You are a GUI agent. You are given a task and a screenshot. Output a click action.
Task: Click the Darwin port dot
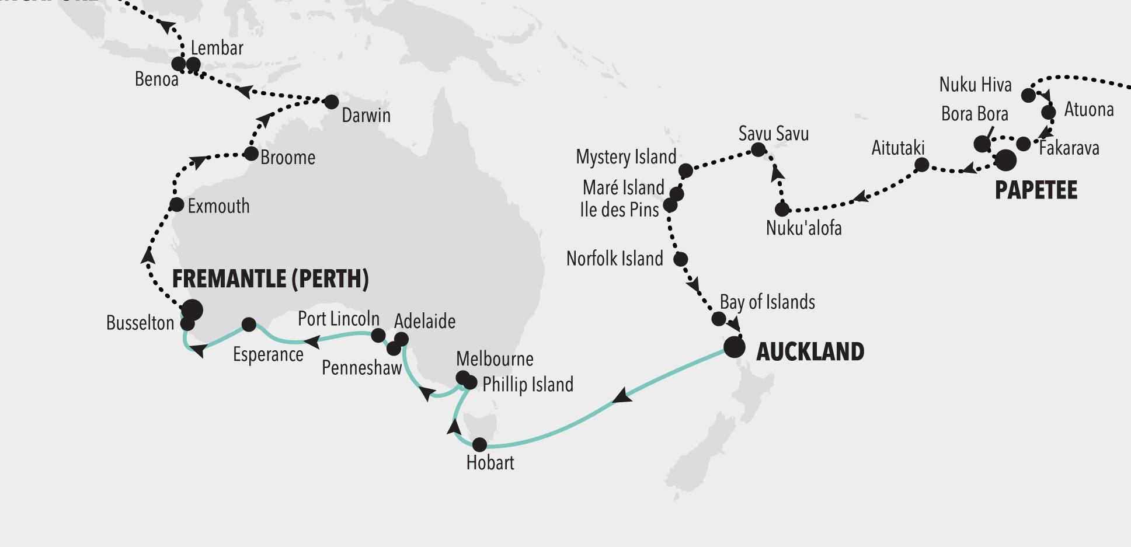tap(331, 102)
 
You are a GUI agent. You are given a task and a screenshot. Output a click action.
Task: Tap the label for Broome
tap(288, 158)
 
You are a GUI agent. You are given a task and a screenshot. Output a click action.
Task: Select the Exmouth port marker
tap(176, 205)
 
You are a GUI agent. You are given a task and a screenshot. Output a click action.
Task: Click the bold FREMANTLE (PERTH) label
tap(270, 279)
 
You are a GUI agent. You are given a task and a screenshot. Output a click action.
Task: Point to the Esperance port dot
tap(249, 324)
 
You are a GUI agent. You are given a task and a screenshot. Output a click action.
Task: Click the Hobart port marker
tap(479, 445)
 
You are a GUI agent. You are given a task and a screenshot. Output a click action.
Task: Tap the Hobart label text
tap(490, 463)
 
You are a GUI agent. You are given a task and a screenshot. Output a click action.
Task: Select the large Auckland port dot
tap(735, 347)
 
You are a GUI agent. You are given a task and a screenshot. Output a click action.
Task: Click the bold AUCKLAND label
tap(810, 352)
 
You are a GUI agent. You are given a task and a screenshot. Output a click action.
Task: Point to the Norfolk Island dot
tap(680, 259)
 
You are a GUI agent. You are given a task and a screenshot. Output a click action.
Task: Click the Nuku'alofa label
tap(803, 228)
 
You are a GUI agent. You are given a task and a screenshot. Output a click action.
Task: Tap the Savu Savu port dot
tap(758, 149)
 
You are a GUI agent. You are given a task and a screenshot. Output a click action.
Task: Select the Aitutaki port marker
tap(921, 165)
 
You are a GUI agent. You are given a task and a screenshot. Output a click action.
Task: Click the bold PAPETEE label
tap(1036, 191)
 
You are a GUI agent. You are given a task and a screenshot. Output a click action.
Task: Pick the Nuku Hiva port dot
tap(1029, 95)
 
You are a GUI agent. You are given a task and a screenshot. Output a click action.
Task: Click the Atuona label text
tap(1089, 110)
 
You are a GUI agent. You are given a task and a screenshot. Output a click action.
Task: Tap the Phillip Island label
tap(528, 385)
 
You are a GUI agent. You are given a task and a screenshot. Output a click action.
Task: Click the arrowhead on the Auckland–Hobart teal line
tap(622, 396)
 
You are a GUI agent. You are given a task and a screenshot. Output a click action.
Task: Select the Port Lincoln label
tap(339, 319)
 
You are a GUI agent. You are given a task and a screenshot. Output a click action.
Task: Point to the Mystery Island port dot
tap(686, 170)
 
